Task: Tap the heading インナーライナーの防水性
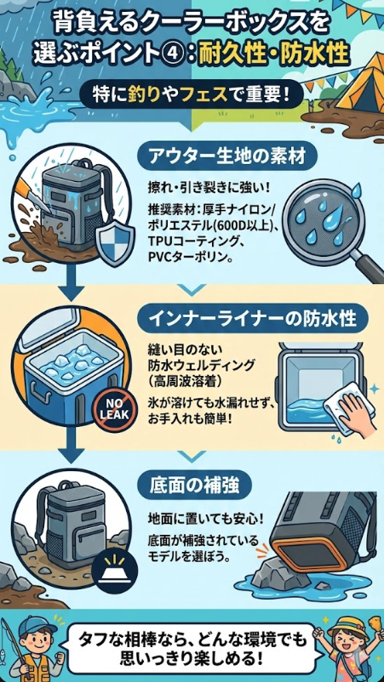click(254, 320)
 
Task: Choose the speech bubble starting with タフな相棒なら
click(192, 647)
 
